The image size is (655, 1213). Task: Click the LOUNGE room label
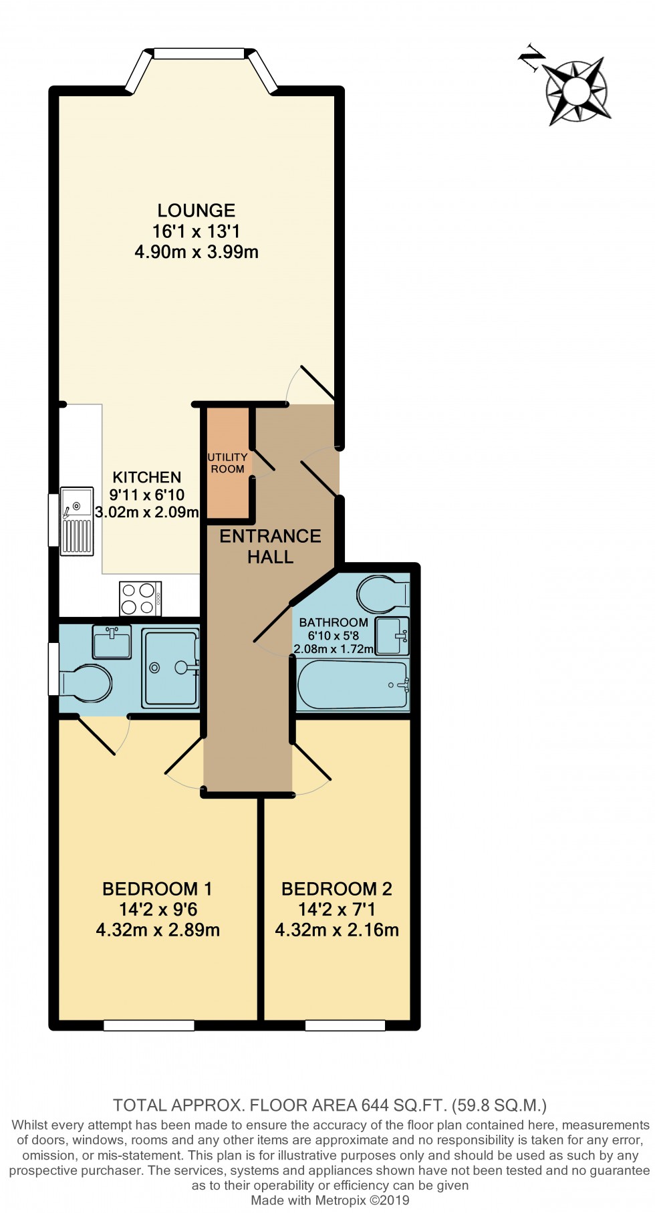point(196,211)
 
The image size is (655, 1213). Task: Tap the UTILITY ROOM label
point(227,463)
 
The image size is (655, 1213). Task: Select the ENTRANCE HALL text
point(270,546)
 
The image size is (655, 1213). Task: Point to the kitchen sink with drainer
point(77,521)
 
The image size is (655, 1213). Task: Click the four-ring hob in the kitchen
point(140,599)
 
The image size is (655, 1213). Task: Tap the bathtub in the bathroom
point(352,684)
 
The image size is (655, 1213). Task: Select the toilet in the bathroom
point(383,594)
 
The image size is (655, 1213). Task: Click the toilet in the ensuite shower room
point(86,683)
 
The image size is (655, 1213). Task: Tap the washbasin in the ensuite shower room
point(112,642)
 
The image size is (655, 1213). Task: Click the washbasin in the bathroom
point(392,636)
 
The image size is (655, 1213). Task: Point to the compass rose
point(575,90)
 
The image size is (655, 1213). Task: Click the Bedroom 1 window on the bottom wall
point(149,1025)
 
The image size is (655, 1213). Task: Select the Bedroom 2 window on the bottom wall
point(346,1025)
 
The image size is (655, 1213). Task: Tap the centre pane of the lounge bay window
point(199,53)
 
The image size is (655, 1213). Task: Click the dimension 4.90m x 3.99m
point(196,252)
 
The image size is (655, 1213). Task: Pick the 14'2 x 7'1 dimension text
point(337,910)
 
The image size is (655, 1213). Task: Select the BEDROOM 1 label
point(157,889)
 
